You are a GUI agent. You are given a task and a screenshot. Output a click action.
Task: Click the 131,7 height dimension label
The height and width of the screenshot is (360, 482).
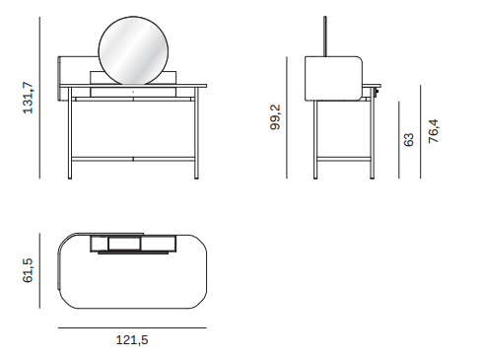tap(29, 98)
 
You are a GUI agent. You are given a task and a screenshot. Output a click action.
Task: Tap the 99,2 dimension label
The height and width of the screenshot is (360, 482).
tap(275, 117)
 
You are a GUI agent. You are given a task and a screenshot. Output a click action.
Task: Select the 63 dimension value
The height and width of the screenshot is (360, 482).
tap(408, 140)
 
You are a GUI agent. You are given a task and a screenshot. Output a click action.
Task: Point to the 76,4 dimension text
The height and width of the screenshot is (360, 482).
tap(434, 131)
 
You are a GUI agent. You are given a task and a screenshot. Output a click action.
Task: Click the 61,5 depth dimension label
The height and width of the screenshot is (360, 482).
tap(28, 270)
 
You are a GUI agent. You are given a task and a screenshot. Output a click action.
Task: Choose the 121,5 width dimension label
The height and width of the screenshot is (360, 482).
tap(132, 340)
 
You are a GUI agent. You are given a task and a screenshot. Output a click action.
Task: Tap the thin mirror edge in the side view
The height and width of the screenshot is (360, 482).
tap(325, 36)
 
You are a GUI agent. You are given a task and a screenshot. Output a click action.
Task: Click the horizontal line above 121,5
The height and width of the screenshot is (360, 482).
tap(132, 327)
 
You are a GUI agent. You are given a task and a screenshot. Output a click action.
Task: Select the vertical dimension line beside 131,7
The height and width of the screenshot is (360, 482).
tap(39, 98)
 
